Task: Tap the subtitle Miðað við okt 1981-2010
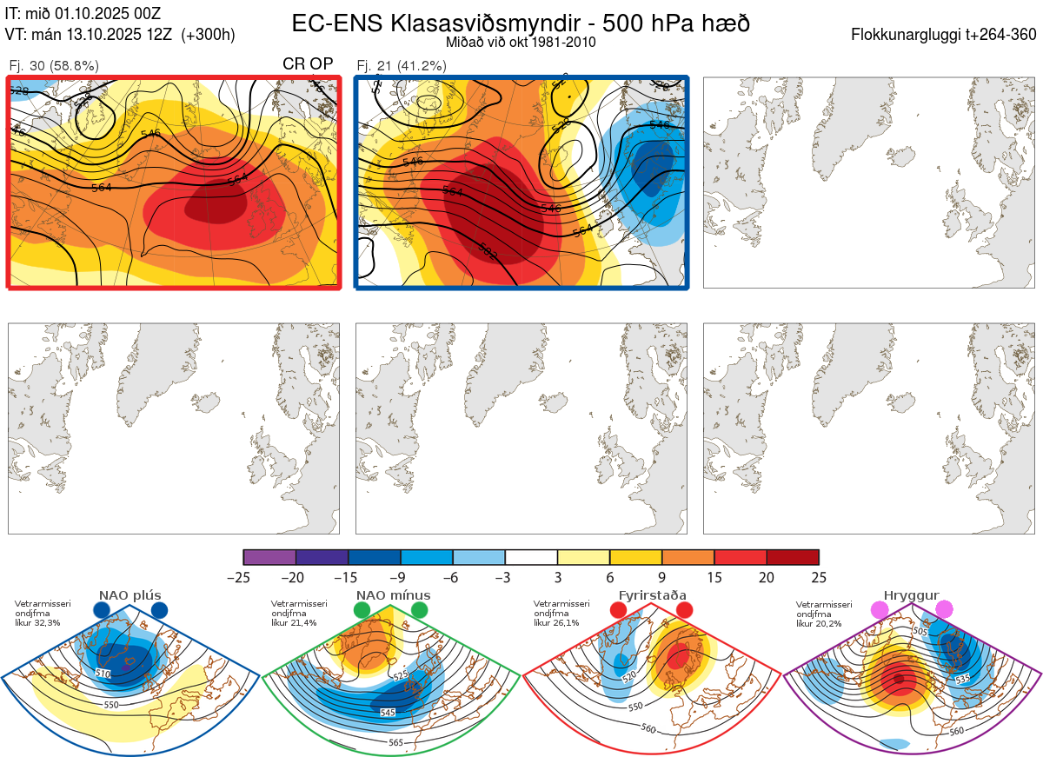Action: [521, 42]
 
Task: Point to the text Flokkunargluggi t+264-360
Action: [944, 36]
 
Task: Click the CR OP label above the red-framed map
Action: [309, 64]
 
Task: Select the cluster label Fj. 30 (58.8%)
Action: [54, 65]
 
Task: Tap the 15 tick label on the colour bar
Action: [714, 577]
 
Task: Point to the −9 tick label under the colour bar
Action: [400, 577]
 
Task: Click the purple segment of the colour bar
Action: [269, 557]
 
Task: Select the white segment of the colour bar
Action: [531, 557]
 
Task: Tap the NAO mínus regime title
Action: [393, 595]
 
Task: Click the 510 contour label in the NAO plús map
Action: [103, 674]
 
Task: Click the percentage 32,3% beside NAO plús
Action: [49, 623]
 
